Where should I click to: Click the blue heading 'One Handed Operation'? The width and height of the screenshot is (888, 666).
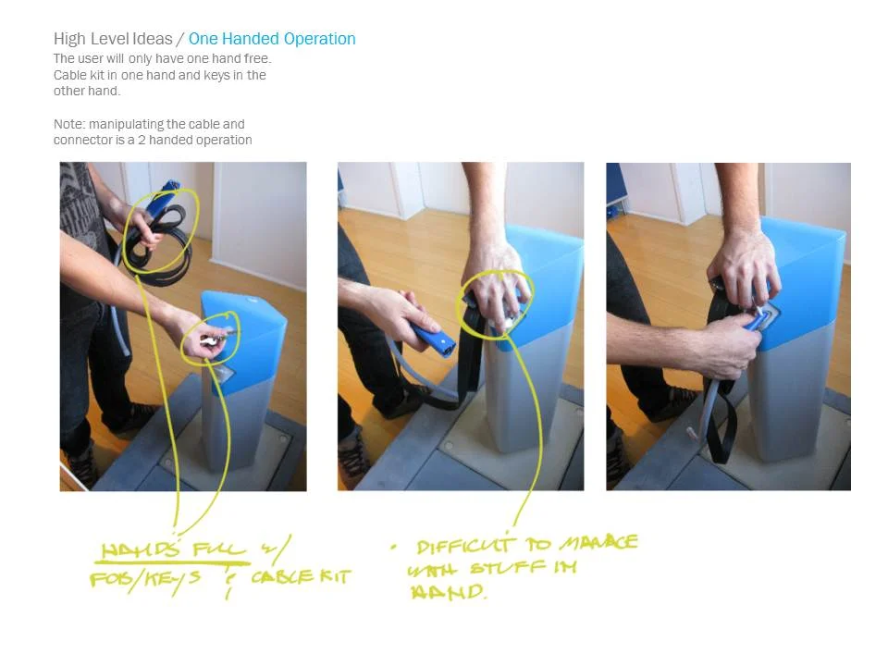pyautogui.click(x=272, y=39)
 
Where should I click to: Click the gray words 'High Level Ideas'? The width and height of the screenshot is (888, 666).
pyautogui.click(x=113, y=39)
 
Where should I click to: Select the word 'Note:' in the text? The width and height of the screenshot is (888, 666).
pyautogui.click(x=69, y=124)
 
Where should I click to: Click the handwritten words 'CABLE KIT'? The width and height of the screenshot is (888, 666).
pyautogui.click(x=301, y=577)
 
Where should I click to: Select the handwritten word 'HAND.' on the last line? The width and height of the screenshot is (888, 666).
pyautogui.click(x=449, y=592)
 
